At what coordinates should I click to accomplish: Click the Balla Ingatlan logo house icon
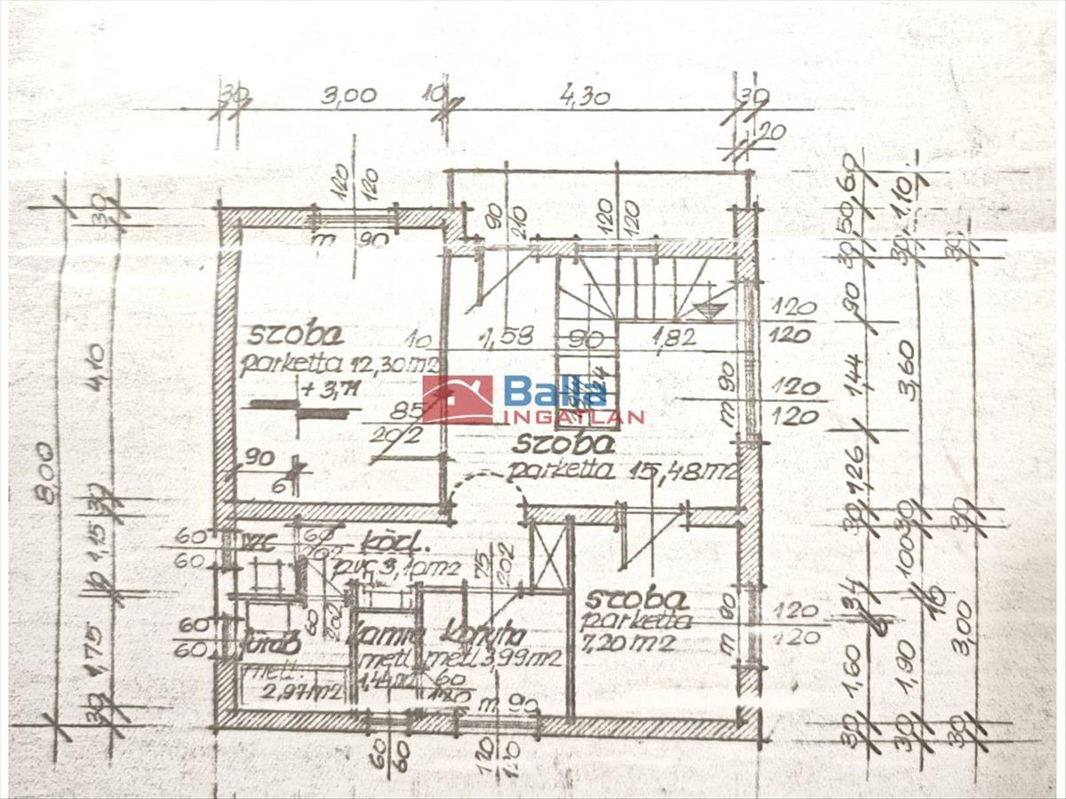coord(457,399)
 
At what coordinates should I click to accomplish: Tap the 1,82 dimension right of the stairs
coord(671,337)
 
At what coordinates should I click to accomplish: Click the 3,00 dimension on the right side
coord(965,627)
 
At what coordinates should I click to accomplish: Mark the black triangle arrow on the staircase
coord(708,310)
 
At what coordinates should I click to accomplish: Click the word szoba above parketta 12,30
coord(283,336)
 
